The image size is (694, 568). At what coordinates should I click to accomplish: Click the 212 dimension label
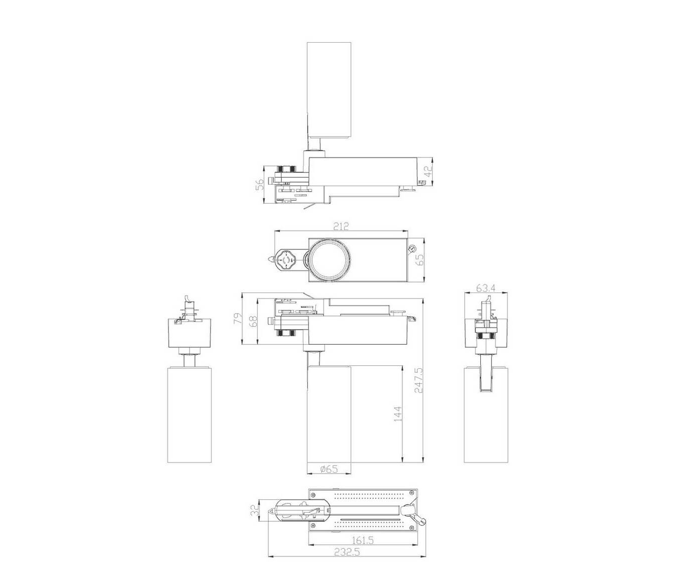tap(340, 226)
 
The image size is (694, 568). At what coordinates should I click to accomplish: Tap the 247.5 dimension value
tap(418, 381)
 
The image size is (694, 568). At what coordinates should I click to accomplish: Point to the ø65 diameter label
tap(329, 469)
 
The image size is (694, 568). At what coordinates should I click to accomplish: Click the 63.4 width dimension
tap(486, 288)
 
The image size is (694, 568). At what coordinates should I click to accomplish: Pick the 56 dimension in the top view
tap(260, 184)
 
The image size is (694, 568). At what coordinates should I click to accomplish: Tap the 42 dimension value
tap(428, 171)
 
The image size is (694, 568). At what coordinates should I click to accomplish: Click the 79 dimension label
tap(238, 319)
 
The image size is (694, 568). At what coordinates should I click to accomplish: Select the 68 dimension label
tap(253, 322)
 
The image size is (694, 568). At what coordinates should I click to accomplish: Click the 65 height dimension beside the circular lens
tap(420, 260)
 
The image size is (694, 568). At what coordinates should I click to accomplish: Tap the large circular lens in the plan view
tap(330, 260)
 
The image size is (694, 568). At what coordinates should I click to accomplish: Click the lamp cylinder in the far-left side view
tap(190, 415)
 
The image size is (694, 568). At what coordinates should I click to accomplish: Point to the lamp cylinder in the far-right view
tap(486, 415)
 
